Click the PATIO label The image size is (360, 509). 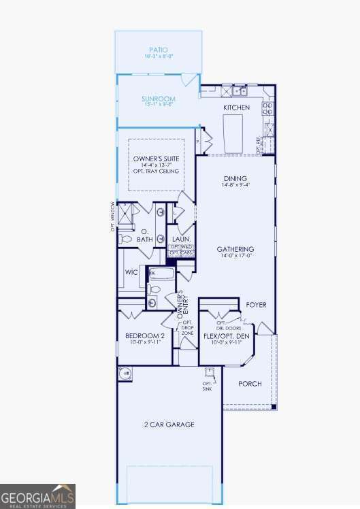click(158, 50)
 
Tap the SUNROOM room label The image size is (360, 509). click(158, 99)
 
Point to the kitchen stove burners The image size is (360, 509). click(269, 107)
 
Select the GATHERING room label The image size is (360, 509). click(235, 249)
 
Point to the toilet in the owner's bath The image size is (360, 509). click(125, 239)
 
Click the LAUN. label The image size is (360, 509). click(180, 239)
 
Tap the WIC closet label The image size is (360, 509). click(131, 272)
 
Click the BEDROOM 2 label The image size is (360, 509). click(145, 336)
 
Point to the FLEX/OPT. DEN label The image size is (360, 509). click(227, 336)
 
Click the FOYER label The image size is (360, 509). click(255, 304)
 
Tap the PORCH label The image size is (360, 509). click(249, 384)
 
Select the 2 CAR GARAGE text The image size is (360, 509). click(170, 425)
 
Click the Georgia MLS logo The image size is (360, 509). click(37, 496)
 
